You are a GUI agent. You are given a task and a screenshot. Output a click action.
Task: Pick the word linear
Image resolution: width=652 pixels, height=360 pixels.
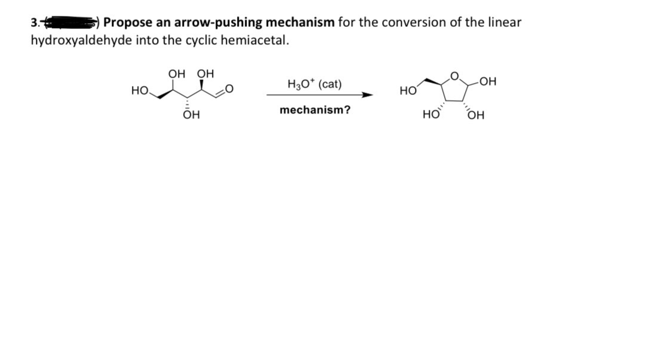pos(504,23)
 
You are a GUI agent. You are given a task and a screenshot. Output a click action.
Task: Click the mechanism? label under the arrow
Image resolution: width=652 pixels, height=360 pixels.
pos(315,110)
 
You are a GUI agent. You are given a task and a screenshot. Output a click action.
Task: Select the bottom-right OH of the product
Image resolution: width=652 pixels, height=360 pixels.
pos(476,115)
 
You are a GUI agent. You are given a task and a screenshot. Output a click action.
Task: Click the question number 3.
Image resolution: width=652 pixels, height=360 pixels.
pos(33,23)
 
